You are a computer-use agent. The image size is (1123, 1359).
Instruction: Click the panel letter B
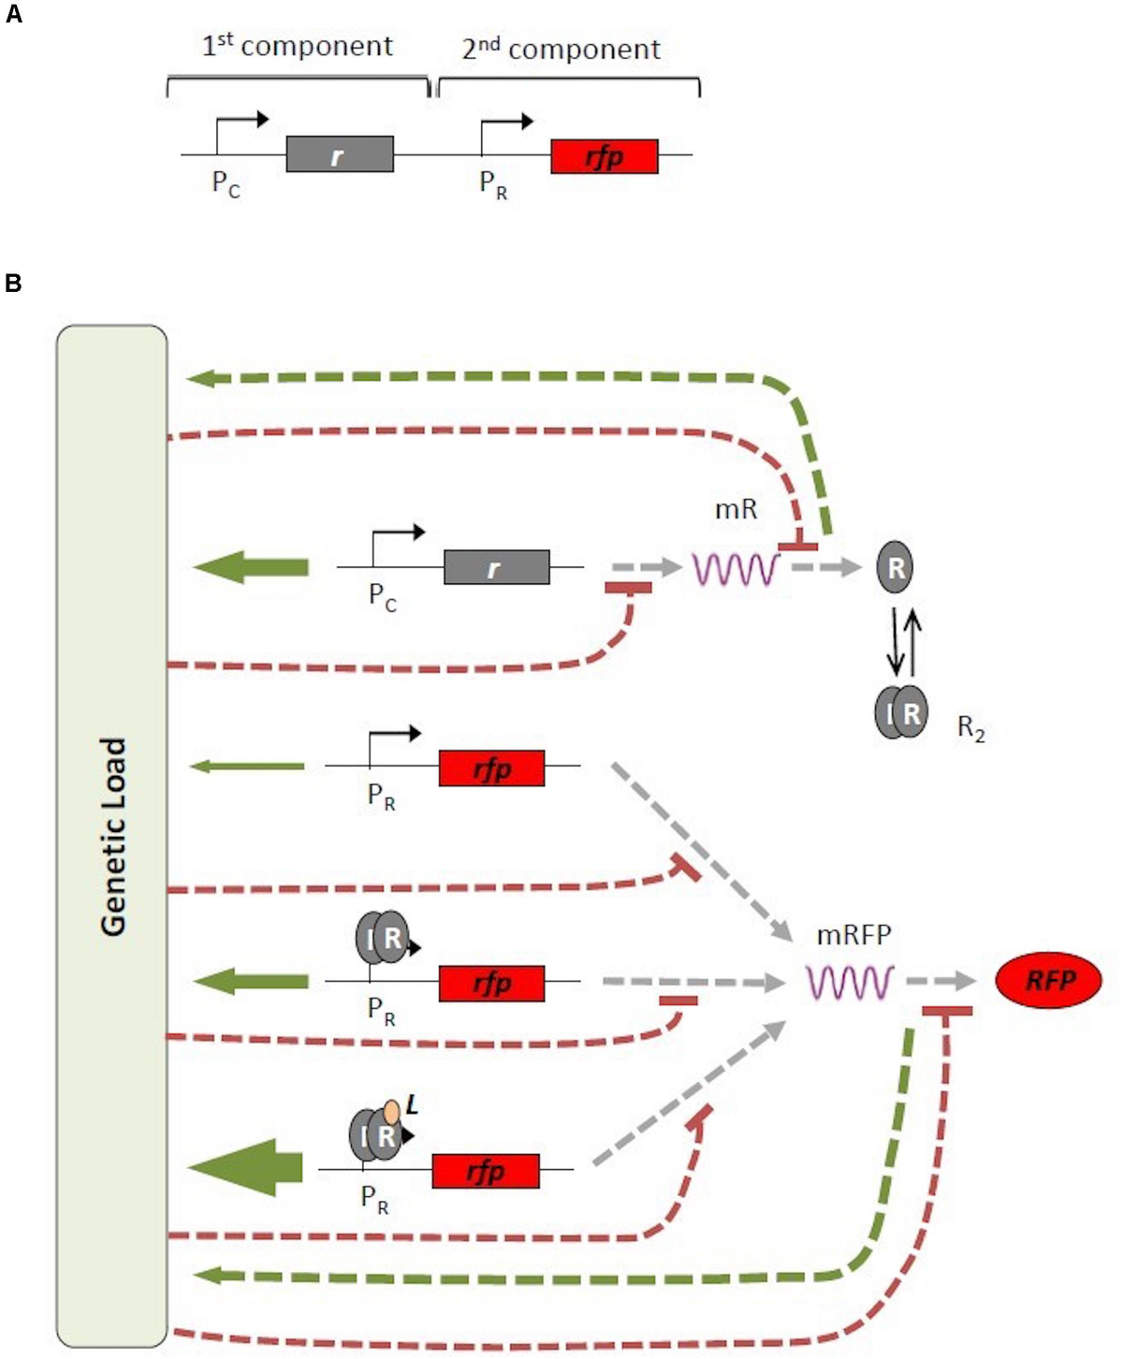coord(13,283)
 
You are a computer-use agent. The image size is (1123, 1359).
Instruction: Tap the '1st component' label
coord(298,46)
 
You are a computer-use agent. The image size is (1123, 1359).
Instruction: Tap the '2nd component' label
coord(561,49)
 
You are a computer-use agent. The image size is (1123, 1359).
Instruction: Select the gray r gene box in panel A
coord(339,154)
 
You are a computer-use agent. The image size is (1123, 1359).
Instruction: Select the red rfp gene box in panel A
coord(604,156)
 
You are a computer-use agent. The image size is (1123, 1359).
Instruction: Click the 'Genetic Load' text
coord(112,836)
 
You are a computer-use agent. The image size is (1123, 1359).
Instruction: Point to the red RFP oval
coord(1048,980)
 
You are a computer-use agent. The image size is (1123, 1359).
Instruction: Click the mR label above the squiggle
coord(736,510)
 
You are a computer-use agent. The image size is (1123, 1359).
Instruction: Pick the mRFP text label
coord(853,934)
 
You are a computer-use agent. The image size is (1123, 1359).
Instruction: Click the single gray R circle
coord(896,567)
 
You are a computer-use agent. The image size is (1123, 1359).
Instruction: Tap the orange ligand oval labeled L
coord(391,1111)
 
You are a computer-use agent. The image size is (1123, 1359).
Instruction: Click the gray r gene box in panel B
coord(496,567)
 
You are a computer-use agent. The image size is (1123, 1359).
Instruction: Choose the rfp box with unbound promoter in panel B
coord(491,768)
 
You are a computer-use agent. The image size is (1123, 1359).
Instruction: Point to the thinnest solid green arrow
coord(247,767)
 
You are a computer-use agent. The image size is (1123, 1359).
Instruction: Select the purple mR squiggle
coord(736,568)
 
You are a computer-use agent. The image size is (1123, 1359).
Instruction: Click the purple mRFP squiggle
coord(850,982)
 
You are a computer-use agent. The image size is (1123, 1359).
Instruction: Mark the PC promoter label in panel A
coord(226,183)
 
